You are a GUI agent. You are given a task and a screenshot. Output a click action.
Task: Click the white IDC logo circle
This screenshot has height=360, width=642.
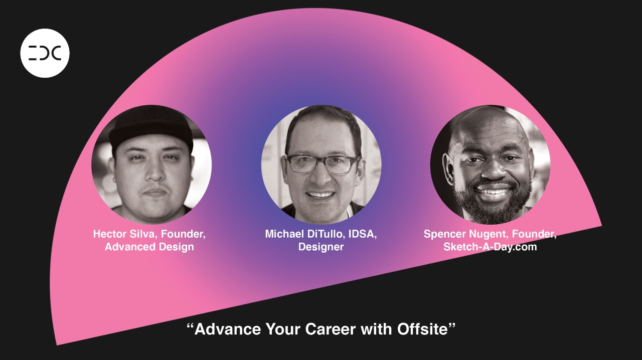tap(45, 53)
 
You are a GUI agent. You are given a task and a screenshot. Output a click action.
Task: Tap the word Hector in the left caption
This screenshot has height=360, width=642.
tap(110, 234)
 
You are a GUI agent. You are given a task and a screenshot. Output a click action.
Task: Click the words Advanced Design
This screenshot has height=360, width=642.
tap(149, 247)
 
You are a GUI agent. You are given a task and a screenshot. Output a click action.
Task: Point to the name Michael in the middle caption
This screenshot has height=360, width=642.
tap(284, 234)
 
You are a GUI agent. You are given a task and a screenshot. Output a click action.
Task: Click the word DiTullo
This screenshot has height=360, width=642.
tap(326, 234)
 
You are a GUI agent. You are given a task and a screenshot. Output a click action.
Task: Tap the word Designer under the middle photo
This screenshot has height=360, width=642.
tap(321, 247)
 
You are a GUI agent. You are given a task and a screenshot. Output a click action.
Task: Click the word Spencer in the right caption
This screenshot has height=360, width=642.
tap(444, 235)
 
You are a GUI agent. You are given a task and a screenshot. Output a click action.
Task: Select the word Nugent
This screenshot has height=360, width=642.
tap(489, 235)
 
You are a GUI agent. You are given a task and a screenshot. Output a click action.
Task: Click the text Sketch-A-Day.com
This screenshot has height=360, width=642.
tap(490, 247)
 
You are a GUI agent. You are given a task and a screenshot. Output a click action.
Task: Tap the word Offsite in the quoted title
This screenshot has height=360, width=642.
tap(422, 329)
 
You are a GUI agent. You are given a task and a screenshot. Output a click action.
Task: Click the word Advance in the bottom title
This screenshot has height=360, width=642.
tap(228, 329)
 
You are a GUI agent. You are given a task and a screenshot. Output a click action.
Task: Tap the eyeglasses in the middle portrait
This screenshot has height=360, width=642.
tap(324, 164)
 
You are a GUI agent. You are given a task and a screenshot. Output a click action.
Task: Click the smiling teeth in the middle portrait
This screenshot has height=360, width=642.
tap(320, 195)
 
